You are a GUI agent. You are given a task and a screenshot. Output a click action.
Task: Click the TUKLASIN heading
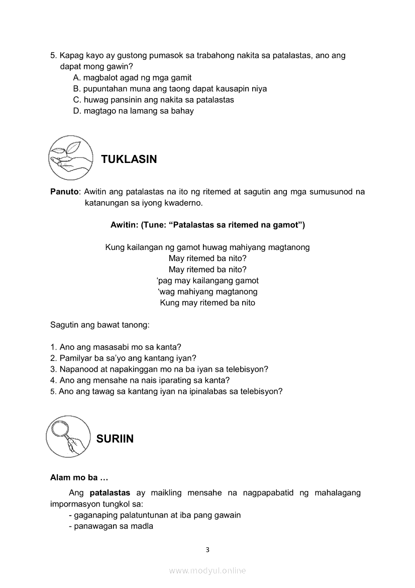[x=129, y=159]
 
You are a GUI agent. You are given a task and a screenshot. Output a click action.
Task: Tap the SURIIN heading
[x=115, y=439]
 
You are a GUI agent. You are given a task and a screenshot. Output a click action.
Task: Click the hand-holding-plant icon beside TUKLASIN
[x=71, y=157]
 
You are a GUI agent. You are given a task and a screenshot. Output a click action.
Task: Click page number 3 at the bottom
[x=207, y=549]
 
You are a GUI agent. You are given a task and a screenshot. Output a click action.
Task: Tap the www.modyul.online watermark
[x=207, y=570]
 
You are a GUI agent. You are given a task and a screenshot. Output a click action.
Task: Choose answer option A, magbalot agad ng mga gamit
[x=132, y=78]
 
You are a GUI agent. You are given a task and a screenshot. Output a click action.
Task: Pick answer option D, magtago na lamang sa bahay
[x=133, y=111]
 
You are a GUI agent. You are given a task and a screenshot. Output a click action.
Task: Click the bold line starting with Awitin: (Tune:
[x=207, y=225]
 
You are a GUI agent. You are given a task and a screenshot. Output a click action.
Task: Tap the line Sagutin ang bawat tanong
[x=100, y=325]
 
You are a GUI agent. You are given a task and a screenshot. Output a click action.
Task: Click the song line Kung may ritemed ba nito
[x=207, y=303]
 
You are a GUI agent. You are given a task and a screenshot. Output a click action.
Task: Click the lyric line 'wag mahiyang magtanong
[x=207, y=292]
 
